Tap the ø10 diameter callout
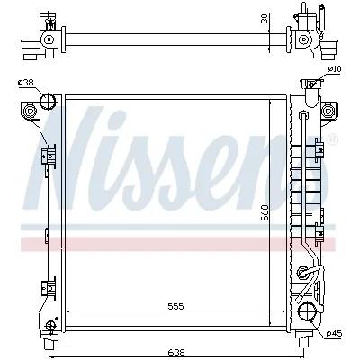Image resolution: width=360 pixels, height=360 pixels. coord(334,68)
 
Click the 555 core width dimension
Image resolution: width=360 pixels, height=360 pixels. coord(175,306)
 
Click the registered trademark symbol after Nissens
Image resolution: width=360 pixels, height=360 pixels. coord(332,139)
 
